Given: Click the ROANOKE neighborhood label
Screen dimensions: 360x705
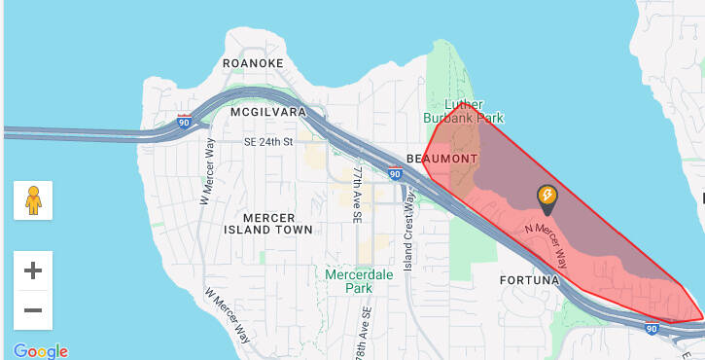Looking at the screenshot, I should (x=253, y=63).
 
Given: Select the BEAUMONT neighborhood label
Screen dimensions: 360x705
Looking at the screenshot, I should (x=442, y=158).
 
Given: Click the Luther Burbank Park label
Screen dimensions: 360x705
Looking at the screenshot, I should (x=464, y=110).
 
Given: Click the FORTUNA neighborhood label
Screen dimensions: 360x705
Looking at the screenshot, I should (x=531, y=280).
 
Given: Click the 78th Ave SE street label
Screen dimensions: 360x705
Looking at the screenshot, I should (x=368, y=332).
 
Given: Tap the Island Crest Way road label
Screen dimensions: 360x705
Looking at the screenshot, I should (x=409, y=215).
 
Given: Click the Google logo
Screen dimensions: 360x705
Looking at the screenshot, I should (x=41, y=350).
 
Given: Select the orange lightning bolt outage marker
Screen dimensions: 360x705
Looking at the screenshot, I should (x=547, y=198).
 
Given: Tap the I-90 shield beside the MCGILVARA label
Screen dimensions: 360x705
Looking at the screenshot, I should (x=184, y=124).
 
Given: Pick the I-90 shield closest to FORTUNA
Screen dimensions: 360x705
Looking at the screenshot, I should (x=650, y=330).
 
